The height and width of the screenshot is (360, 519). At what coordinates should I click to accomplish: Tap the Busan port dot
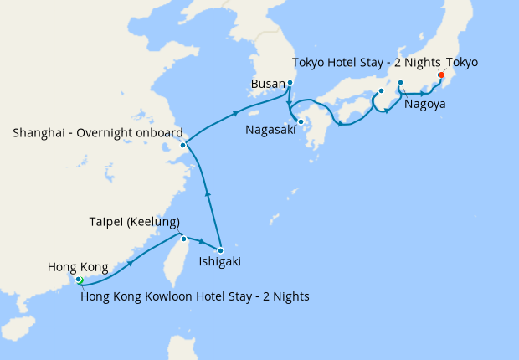[x=290, y=83]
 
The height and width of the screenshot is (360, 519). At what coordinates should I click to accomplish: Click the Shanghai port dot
[x=182, y=145]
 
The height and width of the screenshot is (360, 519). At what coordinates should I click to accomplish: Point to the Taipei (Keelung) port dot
[x=184, y=239]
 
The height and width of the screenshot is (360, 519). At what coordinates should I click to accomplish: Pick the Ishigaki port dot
[x=220, y=250]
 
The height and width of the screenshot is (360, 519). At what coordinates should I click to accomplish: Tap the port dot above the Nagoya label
[x=400, y=82]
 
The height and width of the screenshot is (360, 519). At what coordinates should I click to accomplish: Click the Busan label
[x=268, y=84]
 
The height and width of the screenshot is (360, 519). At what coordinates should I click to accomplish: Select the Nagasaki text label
[x=270, y=130]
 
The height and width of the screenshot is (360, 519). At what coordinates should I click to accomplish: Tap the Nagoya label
[x=424, y=105]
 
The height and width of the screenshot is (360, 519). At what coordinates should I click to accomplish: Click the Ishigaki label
[x=220, y=262]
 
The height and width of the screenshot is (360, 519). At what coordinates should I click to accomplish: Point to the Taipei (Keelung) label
[x=135, y=222]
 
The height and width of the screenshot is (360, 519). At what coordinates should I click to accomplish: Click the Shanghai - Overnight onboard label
[x=97, y=132]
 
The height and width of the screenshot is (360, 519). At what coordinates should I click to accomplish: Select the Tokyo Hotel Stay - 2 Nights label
[x=366, y=63]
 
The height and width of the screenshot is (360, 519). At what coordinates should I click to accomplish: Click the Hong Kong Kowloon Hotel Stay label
[x=195, y=296]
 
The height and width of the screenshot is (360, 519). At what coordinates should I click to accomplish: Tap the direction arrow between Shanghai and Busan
[x=236, y=113]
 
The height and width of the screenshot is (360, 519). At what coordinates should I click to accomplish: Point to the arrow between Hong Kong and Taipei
[x=131, y=263]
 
